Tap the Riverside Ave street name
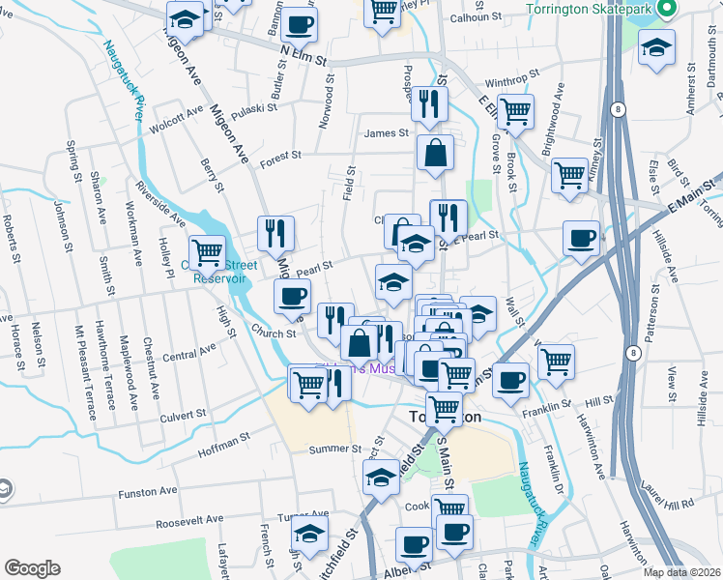[160, 200]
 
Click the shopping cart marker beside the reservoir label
[207, 252]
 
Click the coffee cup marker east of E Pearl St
[581, 238]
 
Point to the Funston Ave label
[148, 491]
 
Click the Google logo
[32, 567]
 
